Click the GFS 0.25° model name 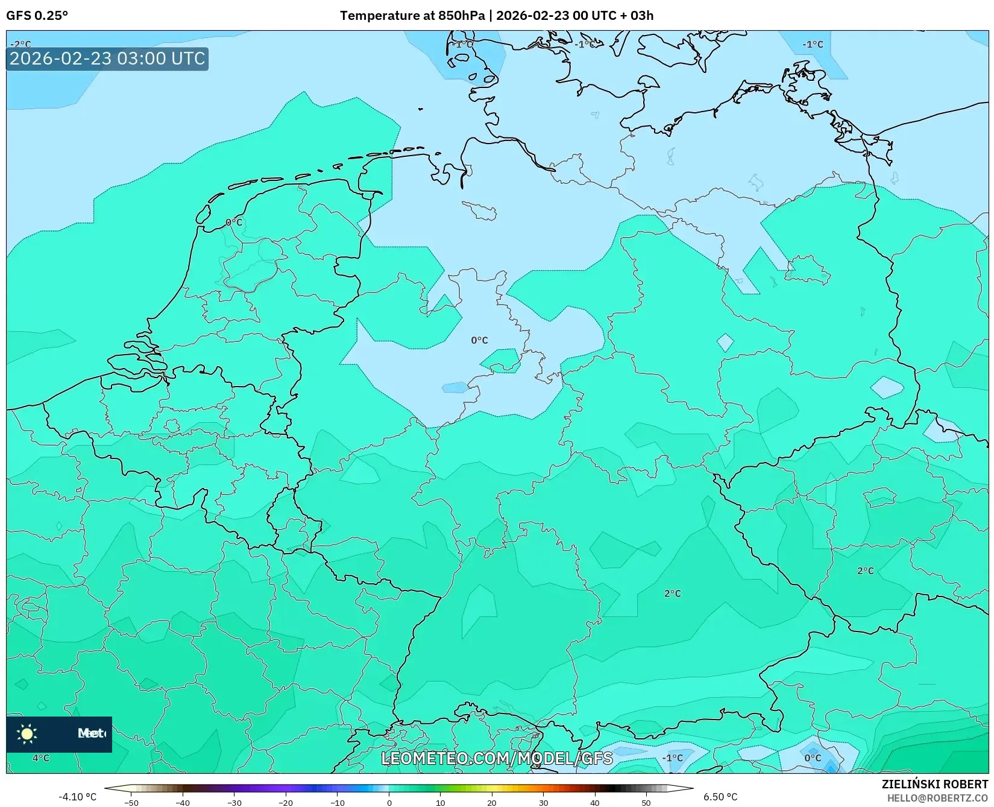37,16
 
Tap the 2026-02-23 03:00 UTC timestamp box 107,59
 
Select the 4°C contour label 41,758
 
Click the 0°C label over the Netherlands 234,223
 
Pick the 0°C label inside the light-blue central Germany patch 479,340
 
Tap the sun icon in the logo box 27,734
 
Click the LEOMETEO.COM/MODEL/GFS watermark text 497,758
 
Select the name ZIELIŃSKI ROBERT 935,785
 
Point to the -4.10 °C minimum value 77,797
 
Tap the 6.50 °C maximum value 720,797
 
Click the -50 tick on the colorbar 131,803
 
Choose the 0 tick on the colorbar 389,803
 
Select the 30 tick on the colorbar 544,803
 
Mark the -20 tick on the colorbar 286,803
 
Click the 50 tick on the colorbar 647,803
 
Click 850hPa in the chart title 461,16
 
